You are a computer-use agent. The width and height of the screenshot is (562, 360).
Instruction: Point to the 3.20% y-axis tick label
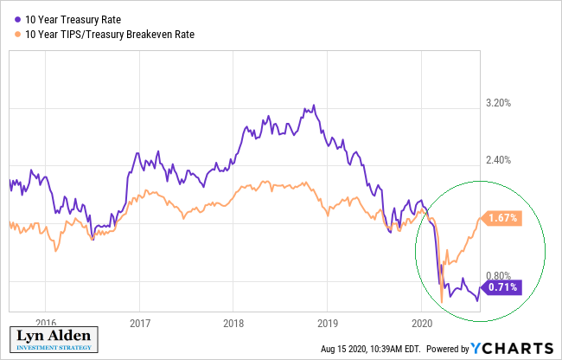(x=500, y=102)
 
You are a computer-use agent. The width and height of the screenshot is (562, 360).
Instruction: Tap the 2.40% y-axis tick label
(x=500, y=160)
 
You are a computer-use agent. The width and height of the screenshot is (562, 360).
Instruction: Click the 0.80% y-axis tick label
(x=500, y=276)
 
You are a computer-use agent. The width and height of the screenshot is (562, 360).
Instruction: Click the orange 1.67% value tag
(x=501, y=219)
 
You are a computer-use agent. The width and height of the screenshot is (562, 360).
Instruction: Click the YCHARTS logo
(x=514, y=348)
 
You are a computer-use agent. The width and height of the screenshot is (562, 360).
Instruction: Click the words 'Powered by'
(x=446, y=349)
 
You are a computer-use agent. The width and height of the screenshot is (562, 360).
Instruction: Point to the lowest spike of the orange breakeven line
(x=441, y=302)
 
